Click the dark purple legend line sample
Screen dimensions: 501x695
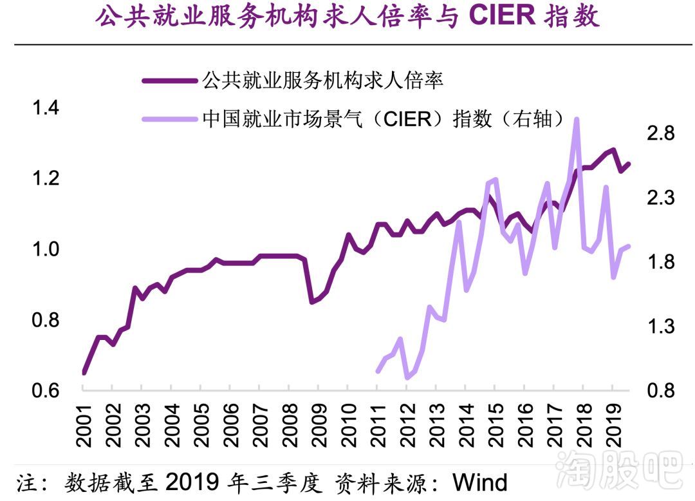(170, 80)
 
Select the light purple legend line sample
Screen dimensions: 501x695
(170, 119)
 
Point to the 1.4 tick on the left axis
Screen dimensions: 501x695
(46, 108)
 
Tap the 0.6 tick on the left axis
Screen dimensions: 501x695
(46, 391)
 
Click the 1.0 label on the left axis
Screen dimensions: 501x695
(46, 249)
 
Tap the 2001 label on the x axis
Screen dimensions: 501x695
(84, 428)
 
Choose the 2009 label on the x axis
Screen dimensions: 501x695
(319, 428)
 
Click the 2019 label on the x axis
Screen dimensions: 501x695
(612, 428)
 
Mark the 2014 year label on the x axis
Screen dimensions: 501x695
(465, 428)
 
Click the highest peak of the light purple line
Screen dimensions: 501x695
(577, 119)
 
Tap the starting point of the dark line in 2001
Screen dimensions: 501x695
(84, 372)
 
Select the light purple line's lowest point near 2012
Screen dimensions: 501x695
(407, 377)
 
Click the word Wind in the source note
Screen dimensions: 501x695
(480, 482)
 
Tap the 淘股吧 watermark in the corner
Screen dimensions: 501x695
(618, 469)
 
